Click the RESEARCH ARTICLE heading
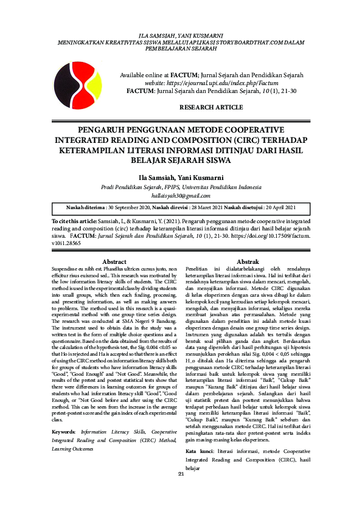(x=211, y=107)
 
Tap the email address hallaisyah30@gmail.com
(x=181, y=195)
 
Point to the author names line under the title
(x=181, y=177)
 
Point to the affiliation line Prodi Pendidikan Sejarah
(x=181, y=187)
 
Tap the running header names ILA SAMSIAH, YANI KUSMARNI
(x=181, y=37)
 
